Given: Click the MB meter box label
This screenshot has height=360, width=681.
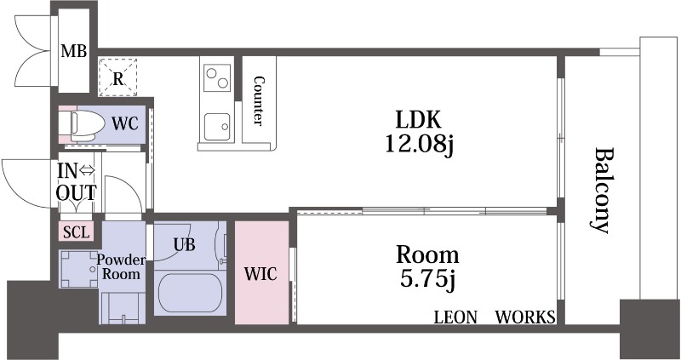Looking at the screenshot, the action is tap(73, 51).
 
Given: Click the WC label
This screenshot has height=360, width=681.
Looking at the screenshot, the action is tap(125, 124).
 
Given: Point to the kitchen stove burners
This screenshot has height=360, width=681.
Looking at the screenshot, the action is tap(217, 77).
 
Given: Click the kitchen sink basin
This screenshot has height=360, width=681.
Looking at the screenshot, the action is tap(217, 127).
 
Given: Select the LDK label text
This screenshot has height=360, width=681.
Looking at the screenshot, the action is tap(418, 120).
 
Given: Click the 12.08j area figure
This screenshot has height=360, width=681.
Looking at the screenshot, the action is tap(419, 144).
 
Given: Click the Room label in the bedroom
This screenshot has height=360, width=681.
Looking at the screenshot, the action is tap(427, 255).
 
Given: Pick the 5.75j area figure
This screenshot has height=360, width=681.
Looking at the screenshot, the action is tap(427, 279).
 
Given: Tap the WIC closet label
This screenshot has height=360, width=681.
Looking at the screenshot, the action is tap(260, 274).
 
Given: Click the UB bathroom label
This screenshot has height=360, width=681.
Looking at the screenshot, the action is tap(185, 245).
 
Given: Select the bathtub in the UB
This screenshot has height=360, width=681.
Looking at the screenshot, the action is tap(190, 292).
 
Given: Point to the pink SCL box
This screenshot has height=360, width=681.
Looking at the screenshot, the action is tap(76, 231).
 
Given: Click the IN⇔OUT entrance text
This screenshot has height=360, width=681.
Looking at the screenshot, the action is tap(77, 182).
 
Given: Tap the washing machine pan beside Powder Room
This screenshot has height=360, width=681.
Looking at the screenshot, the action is tap(79, 269).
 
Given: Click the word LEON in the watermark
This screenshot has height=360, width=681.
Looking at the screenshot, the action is tap(455, 317).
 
